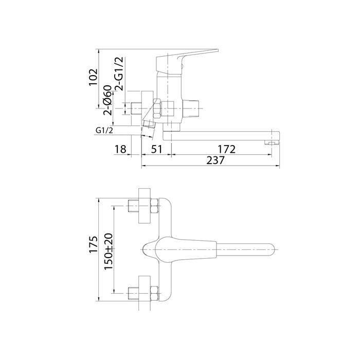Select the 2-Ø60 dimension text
107,102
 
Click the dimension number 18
120,150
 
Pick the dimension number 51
156,150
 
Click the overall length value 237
215,160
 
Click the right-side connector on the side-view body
191,109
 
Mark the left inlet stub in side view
138,109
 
